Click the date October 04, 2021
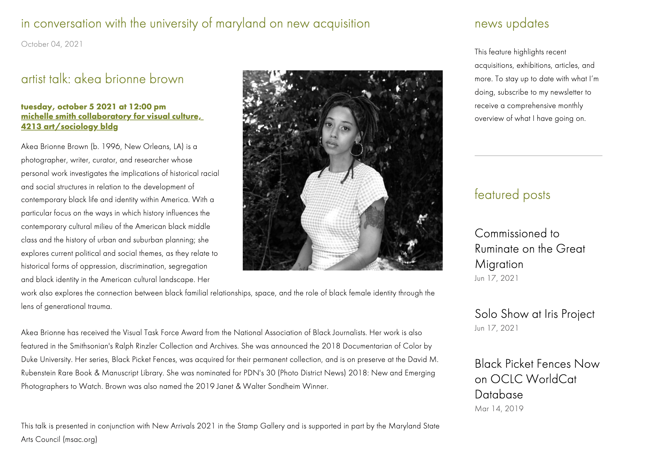52,44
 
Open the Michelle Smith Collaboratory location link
112,121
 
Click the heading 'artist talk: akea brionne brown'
102,79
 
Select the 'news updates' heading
511,24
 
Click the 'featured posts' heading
512,195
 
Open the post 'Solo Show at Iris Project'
534,314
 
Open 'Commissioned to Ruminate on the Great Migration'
530,249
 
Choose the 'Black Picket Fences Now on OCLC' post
537,379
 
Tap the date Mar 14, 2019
499,409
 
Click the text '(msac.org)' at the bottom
80,439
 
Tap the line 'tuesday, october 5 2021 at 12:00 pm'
93,107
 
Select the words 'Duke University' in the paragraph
46,360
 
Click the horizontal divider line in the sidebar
538,156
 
